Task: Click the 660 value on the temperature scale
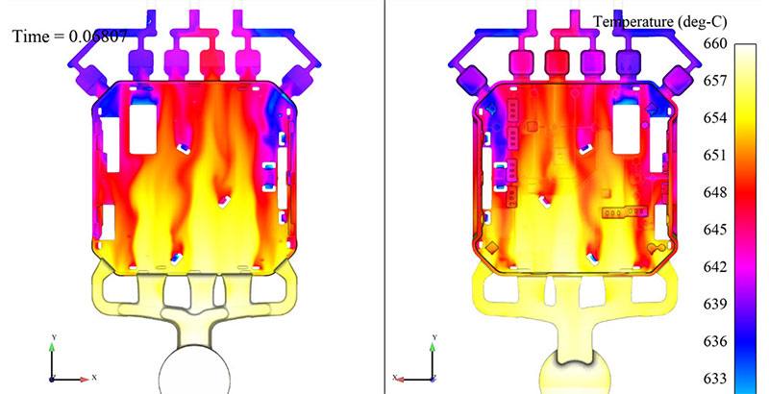click(713, 44)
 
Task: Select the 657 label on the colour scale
click(713, 81)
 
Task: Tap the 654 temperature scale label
click(713, 118)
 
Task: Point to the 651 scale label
click(713, 156)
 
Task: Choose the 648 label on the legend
click(713, 192)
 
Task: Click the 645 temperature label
click(713, 230)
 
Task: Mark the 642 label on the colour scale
click(713, 267)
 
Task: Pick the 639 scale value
click(713, 305)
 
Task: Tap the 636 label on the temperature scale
click(713, 341)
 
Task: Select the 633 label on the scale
click(713, 379)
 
